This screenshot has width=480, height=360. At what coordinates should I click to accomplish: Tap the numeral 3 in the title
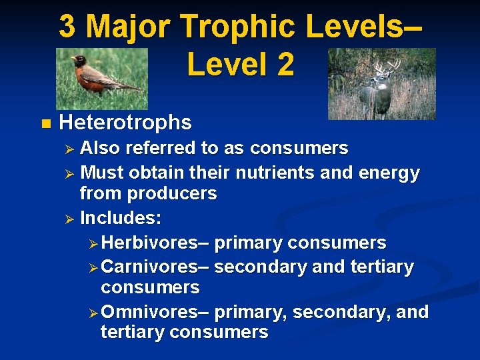(67, 27)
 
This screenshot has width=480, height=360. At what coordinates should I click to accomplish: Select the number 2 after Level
(283, 65)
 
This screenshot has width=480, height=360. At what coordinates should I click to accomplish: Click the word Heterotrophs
(125, 123)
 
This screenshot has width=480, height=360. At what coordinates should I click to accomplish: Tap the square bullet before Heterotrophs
(45, 123)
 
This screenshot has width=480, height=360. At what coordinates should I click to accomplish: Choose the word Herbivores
(157, 243)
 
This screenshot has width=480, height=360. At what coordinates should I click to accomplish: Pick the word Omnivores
(157, 312)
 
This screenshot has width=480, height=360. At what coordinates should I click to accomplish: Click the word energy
(390, 173)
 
